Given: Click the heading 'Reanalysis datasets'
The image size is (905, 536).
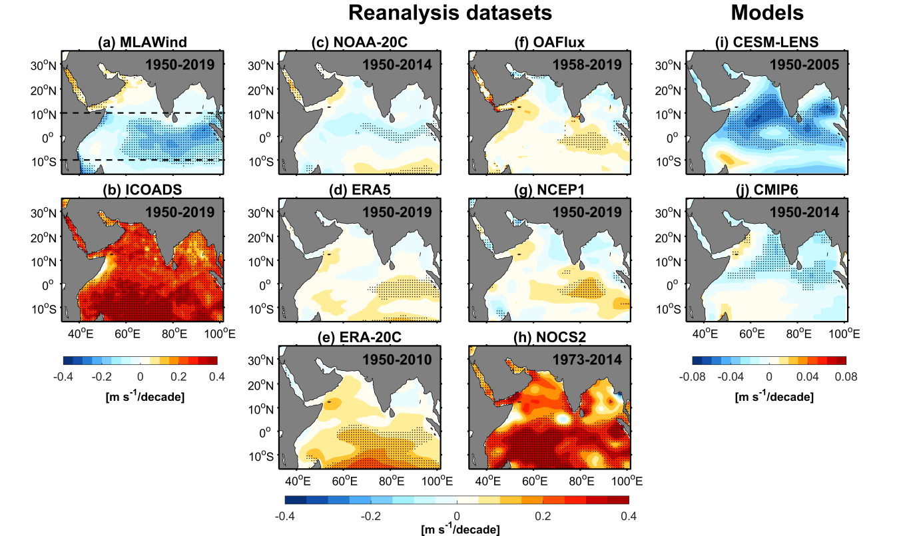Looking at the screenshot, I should click(x=451, y=13).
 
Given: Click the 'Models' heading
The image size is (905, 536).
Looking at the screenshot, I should click(x=766, y=13).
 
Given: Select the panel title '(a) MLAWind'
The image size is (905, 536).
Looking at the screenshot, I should click(x=141, y=43).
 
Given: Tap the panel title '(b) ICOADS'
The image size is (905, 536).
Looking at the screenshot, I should click(x=141, y=191).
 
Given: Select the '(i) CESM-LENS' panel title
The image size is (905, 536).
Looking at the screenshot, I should click(x=767, y=43).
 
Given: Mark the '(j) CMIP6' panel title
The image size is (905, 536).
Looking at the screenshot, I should click(x=767, y=191).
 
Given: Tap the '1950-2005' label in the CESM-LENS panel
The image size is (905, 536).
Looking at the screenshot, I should click(x=808, y=65).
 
